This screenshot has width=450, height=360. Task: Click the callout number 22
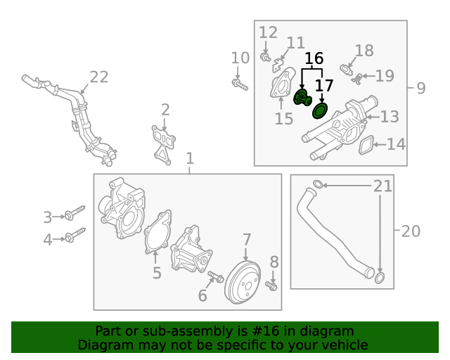click(x=99, y=77)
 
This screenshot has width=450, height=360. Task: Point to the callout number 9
click(x=420, y=88)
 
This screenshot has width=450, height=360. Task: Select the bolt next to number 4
click(x=74, y=235)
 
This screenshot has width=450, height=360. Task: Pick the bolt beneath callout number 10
click(x=239, y=85)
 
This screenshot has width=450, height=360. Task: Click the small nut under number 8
click(x=274, y=285)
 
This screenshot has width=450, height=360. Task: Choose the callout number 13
click(x=390, y=117)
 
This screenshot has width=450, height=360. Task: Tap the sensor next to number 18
click(x=345, y=68)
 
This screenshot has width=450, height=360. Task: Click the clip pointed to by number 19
click(x=357, y=77)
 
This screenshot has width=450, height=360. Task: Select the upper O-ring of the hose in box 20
click(x=318, y=185)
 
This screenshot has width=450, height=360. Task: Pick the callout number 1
click(x=189, y=160)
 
